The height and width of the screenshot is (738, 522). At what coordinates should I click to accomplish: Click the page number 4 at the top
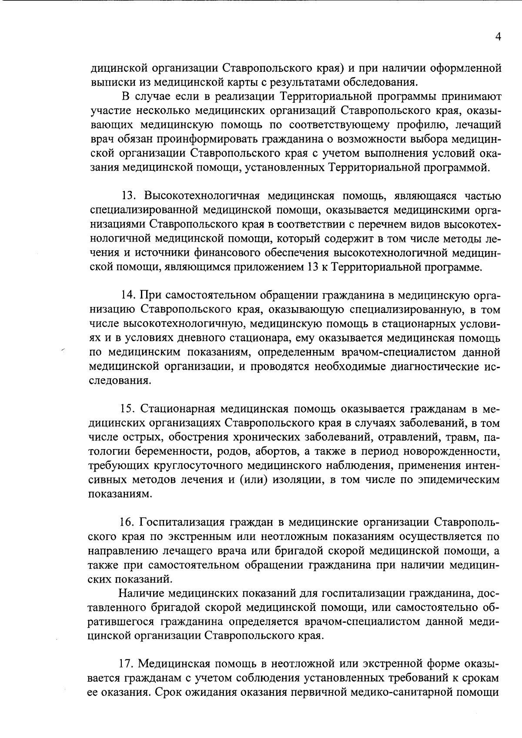499,37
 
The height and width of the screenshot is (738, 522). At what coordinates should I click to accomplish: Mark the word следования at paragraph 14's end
120,381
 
